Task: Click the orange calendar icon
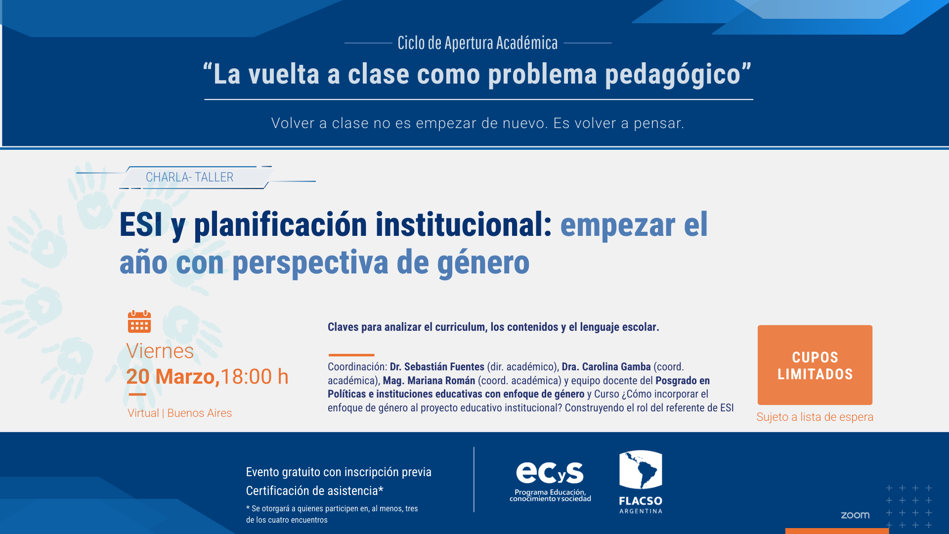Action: tap(139, 321)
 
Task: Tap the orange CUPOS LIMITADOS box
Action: tap(815, 365)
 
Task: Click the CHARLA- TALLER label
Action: tap(189, 177)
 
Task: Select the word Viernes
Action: tap(160, 351)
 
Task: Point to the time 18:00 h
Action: tap(255, 377)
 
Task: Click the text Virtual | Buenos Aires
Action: tap(179, 413)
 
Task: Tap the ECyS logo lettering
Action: tap(550, 473)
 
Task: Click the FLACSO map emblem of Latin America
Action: tap(641, 470)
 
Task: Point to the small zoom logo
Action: tap(855, 515)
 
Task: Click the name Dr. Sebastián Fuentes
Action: tap(437, 367)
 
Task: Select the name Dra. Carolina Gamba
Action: tap(606, 367)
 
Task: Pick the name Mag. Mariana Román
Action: tap(429, 381)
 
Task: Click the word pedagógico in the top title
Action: tap(673, 75)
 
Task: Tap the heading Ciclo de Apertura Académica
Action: tap(477, 43)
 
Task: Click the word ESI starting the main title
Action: tap(141, 224)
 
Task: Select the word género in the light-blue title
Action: tap(483, 263)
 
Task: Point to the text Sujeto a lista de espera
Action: tap(815, 417)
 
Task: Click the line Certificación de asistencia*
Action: tap(315, 490)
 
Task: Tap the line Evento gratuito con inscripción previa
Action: tap(339, 472)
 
